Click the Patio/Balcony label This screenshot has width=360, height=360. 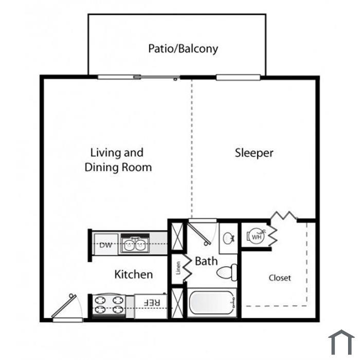coord(183,49)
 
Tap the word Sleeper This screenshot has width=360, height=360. coord(254,153)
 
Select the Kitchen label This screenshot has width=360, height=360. coord(134,274)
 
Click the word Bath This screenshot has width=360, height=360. coord(206,261)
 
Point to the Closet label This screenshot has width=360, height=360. coord(280,278)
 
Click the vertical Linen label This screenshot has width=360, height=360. coord(178,268)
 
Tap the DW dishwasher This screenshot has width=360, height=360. coord(106,245)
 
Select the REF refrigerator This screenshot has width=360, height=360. coord(151,307)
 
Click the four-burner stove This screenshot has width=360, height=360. coord(109,305)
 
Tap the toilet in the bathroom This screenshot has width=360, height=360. coord(227,273)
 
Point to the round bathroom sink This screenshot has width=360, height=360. coord(228,238)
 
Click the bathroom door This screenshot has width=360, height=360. coord(199,233)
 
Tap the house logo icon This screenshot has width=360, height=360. coord(341,342)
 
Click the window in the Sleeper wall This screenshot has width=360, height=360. coord(238,78)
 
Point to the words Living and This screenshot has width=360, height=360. coord(117,153)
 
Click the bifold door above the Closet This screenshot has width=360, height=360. coord(284,215)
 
